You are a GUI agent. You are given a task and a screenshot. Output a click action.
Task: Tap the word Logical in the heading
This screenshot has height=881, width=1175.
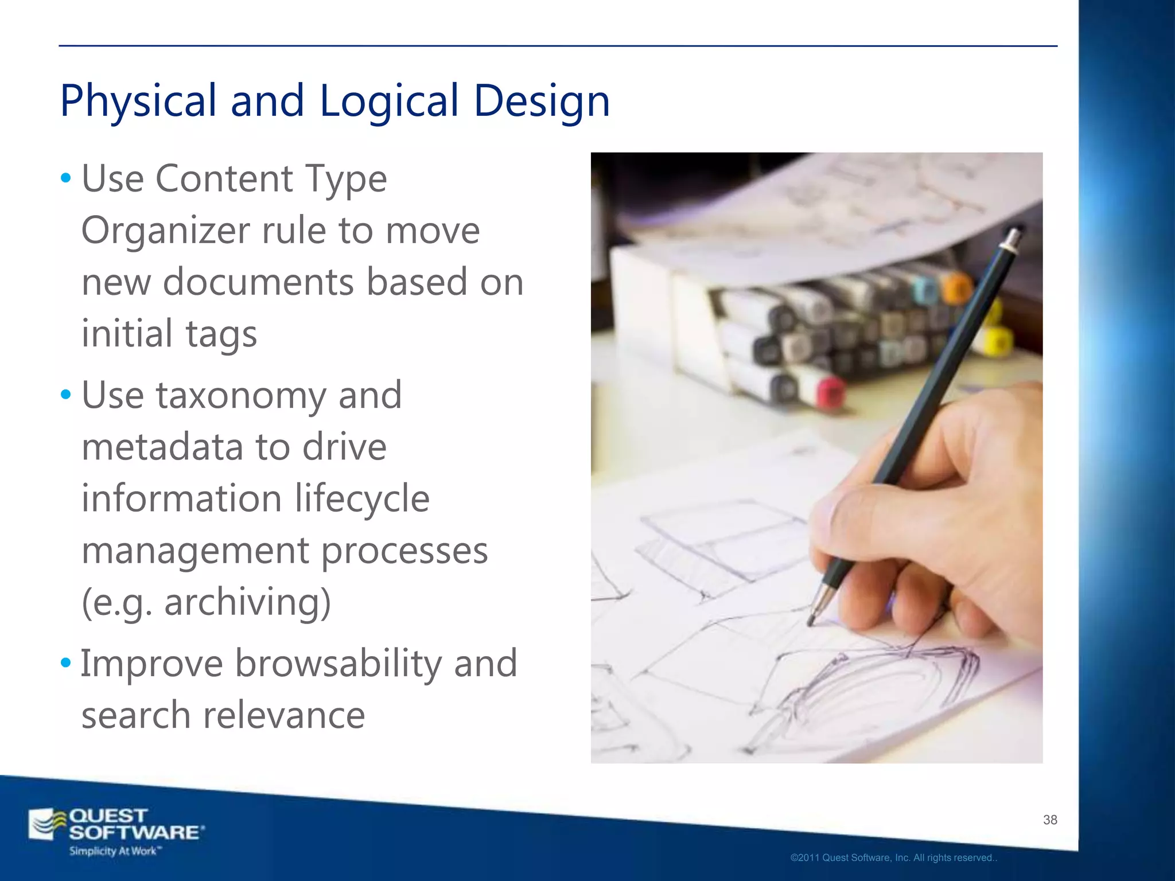point(389,101)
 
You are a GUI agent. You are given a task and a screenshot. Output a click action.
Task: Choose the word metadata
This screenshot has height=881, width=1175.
point(162,447)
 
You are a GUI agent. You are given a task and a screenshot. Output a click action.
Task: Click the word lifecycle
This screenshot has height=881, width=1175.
point(362,498)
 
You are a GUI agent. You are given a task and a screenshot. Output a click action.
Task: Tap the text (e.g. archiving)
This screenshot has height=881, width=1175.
point(207,602)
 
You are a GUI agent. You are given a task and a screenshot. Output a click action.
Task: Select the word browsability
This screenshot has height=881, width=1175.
point(339,664)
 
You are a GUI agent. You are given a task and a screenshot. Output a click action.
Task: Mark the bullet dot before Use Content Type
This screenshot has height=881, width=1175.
point(66,178)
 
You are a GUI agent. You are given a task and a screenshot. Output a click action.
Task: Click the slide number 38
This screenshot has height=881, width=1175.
point(1050,820)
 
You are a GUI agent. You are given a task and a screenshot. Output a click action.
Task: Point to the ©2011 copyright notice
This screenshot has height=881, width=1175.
point(894,858)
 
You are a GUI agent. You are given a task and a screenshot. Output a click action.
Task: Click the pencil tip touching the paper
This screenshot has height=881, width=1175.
point(811,621)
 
